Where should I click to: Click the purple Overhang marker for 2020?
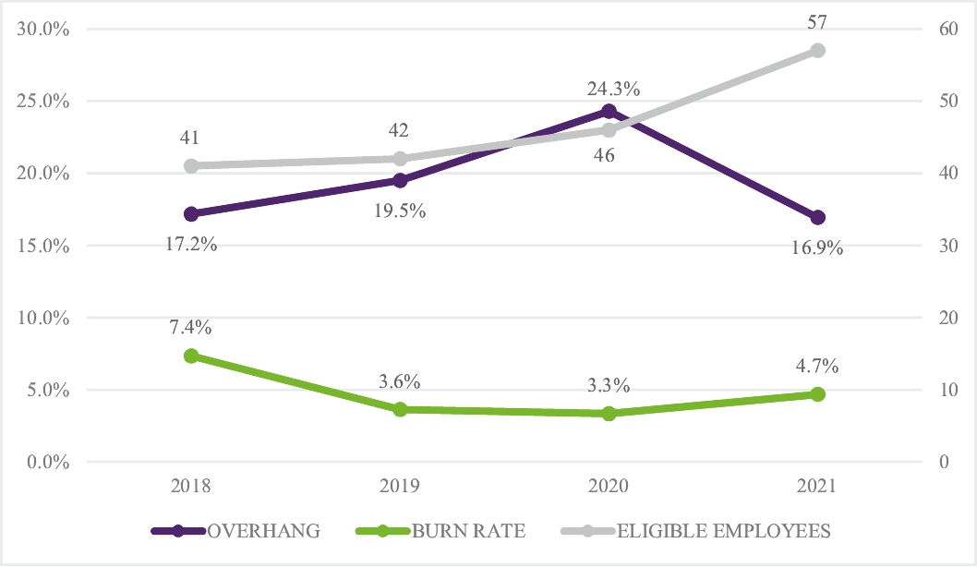tap(609, 112)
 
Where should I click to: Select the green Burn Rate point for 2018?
tap(191, 356)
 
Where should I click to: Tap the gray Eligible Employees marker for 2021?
tap(817, 51)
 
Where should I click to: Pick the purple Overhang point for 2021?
tap(817, 218)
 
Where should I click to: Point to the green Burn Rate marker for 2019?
tap(400, 409)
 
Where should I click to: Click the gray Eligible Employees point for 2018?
tap(191, 166)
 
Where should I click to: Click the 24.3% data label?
tap(609, 90)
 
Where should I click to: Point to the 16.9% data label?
tap(817, 248)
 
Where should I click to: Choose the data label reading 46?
tap(605, 155)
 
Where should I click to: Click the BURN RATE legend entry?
tap(441, 531)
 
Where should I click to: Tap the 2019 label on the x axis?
tap(400, 486)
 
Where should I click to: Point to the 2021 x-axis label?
tap(817, 486)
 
